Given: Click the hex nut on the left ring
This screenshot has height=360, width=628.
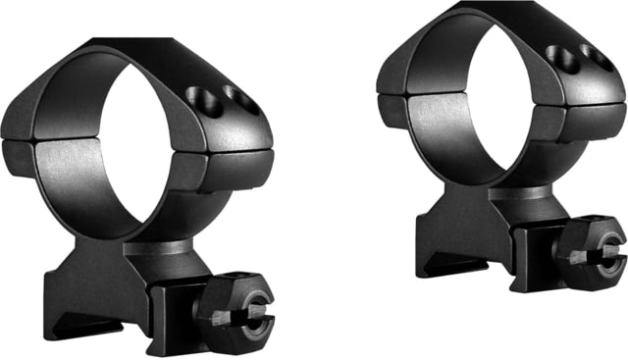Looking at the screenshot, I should (x=235, y=314).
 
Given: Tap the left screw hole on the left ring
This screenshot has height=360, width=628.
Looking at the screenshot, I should (x=199, y=97).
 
